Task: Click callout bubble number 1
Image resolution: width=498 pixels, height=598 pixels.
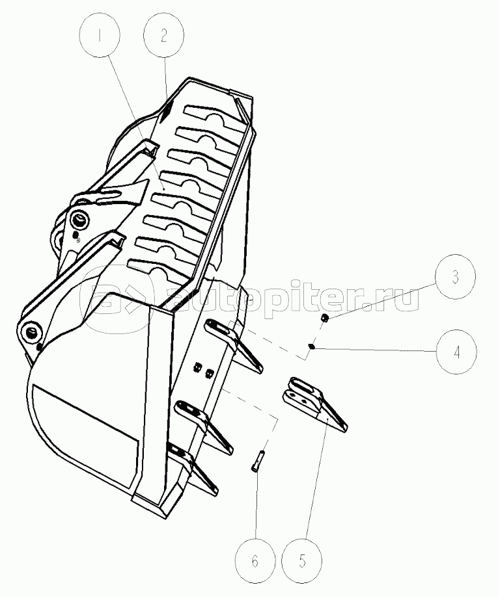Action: [x=100, y=36]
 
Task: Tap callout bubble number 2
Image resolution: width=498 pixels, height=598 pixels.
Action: [x=164, y=36]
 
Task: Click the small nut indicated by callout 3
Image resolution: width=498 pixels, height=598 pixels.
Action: [x=324, y=317]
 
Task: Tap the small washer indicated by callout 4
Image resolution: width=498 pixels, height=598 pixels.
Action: [x=311, y=346]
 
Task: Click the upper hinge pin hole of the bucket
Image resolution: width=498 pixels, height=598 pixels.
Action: [x=79, y=221]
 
